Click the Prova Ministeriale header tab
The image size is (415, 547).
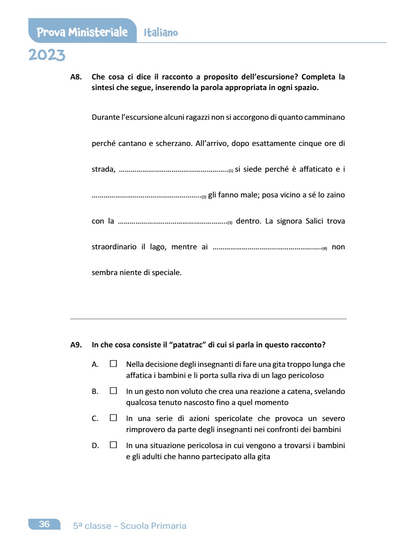[x=82, y=32]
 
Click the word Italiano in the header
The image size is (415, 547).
[x=161, y=32]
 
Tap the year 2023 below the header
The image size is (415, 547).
[x=47, y=55]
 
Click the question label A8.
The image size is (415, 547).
[x=76, y=77]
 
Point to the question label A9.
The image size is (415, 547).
[x=76, y=345]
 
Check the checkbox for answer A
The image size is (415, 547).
[x=113, y=364]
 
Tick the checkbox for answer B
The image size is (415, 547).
[x=113, y=391]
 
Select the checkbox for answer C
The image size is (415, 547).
[x=113, y=418]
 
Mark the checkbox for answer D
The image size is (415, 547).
[x=113, y=445]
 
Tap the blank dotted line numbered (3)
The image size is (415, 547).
[x=174, y=221]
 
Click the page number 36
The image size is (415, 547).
[x=44, y=524]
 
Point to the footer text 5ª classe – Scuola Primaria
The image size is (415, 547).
[x=130, y=526]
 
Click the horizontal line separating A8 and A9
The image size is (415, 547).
[x=208, y=319]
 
